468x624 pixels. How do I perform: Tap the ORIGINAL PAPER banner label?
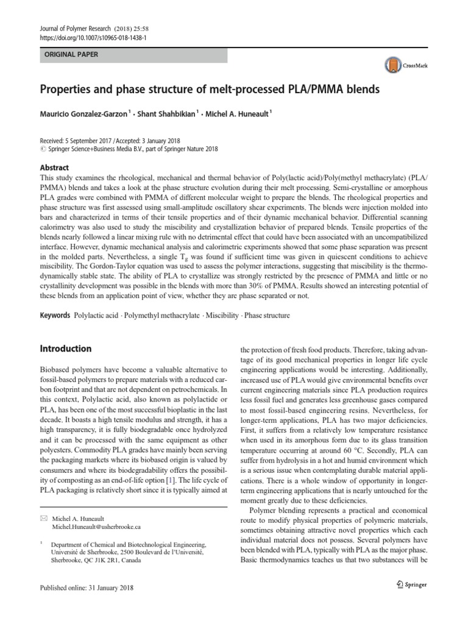pos(69,54)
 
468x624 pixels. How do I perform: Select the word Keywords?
pos(54,316)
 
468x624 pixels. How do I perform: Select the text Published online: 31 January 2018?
pos(86,588)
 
